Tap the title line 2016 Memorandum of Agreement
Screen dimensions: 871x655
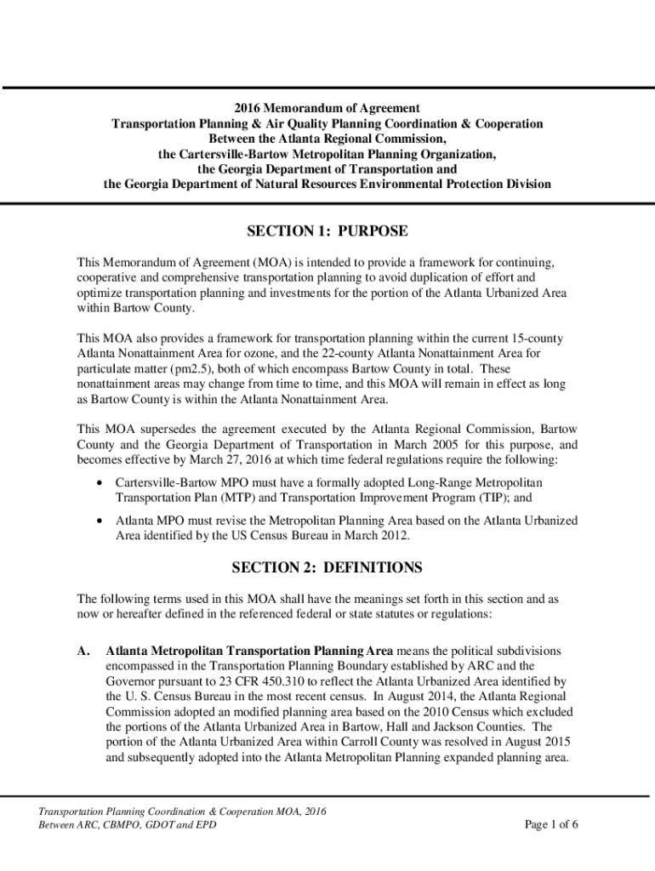point(327,108)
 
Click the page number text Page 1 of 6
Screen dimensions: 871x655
point(551,824)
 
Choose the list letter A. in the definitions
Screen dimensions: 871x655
point(83,651)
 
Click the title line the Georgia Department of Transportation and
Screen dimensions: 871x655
point(327,169)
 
